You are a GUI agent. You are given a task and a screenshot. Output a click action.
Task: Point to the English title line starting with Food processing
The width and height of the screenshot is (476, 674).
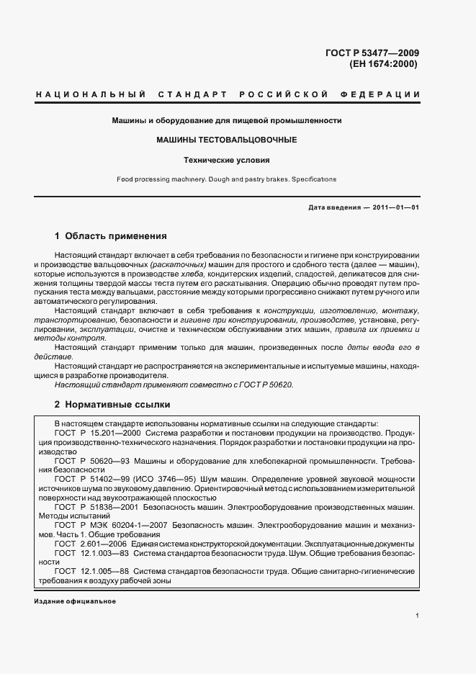226,179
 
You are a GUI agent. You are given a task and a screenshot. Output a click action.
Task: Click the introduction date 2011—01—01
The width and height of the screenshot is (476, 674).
395,207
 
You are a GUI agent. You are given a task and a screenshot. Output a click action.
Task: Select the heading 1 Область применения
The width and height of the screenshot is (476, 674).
111,235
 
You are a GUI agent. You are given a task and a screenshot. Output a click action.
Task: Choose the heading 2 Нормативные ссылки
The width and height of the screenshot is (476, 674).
112,405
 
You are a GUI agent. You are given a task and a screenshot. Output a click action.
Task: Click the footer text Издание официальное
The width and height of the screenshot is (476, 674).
75,601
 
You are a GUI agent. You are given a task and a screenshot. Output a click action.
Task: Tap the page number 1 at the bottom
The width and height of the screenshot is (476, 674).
418,615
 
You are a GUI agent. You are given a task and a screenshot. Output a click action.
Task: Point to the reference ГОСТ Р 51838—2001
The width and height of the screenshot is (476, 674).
97,507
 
